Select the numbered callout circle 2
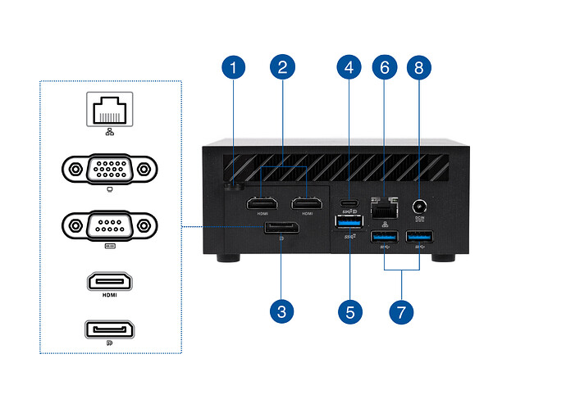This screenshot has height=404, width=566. [281, 68]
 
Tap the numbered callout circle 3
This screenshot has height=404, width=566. [281, 311]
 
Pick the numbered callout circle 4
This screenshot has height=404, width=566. [349, 68]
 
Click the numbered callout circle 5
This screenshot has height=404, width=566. [349, 311]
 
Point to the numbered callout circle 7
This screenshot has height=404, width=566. [401, 311]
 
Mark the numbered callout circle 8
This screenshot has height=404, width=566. [418, 68]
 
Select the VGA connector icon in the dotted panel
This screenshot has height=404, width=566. [110, 170]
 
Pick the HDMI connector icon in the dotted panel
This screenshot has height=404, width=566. [110, 280]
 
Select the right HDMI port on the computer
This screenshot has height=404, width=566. [307, 202]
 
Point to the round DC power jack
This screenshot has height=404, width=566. [419, 208]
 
